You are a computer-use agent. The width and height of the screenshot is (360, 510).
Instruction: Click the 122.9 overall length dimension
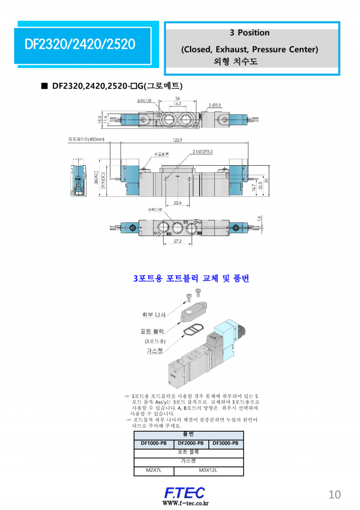178,140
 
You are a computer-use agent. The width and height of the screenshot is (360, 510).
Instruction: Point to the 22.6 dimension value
178,203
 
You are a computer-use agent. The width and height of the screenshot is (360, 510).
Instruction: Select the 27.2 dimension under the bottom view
178,242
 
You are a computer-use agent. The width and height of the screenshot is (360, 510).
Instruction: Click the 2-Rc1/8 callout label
145,100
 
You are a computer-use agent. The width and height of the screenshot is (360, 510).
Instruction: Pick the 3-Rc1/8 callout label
156,209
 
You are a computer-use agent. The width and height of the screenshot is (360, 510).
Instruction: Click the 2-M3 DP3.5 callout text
202,151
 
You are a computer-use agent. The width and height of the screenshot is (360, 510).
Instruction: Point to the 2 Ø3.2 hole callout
215,105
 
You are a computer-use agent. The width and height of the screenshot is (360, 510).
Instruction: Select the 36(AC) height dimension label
96,178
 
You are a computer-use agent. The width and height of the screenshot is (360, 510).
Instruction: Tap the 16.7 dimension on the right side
253,187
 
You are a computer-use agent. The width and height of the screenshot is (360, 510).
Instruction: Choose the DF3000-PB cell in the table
226,443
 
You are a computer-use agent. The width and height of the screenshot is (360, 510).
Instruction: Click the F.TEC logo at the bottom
184,492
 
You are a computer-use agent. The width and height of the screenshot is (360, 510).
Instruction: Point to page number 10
335,494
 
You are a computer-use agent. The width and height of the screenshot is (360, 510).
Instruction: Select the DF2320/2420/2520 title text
80,44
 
